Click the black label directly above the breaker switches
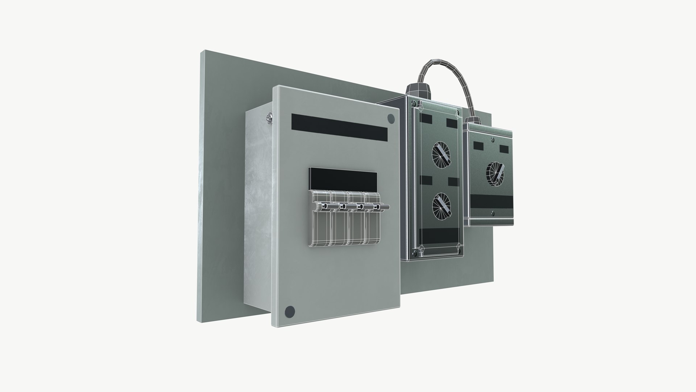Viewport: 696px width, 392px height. click(x=343, y=178)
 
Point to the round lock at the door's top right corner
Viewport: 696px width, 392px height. click(x=391, y=118)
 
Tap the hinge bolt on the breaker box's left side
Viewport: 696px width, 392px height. click(x=269, y=117)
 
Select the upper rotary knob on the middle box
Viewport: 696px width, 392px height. click(x=441, y=153)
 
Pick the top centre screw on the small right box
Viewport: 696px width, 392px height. click(x=492, y=140)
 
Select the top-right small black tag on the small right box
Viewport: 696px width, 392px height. click(x=505, y=149)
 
